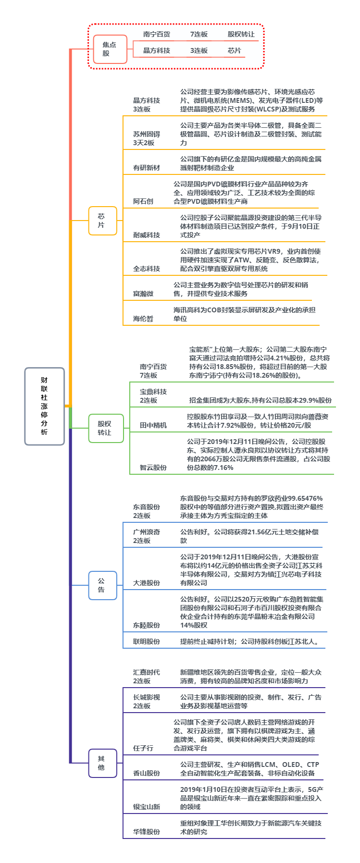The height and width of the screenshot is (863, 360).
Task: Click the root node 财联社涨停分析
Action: [x=44, y=406]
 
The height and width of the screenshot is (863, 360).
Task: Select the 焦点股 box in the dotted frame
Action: [x=110, y=49]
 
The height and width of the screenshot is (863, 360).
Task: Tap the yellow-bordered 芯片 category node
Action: [x=101, y=221]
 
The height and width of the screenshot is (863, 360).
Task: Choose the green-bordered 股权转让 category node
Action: [x=105, y=428]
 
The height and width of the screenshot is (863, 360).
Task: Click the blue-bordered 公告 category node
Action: [x=101, y=585]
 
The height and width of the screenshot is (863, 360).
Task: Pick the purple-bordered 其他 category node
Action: [x=101, y=763]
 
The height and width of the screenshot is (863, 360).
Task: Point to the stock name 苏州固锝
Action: [x=147, y=134]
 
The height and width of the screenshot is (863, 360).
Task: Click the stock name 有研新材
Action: [x=147, y=168]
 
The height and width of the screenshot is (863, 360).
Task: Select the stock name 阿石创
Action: [x=143, y=201]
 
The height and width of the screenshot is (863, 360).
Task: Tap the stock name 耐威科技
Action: [x=147, y=235]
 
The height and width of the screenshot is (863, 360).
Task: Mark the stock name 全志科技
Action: [x=147, y=269]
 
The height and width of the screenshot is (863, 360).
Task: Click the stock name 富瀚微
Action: [x=143, y=294]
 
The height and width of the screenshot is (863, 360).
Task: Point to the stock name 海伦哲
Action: [x=143, y=319]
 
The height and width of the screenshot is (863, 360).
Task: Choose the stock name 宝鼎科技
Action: [x=153, y=392]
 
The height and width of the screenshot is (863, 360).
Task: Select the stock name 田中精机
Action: [x=153, y=425]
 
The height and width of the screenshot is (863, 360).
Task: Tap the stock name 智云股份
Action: [x=153, y=468]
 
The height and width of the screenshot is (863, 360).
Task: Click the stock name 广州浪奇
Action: [x=147, y=532]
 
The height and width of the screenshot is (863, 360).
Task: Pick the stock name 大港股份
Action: [x=147, y=583]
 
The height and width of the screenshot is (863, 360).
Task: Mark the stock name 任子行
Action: [x=143, y=748]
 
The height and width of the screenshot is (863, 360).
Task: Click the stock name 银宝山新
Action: [x=147, y=807]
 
